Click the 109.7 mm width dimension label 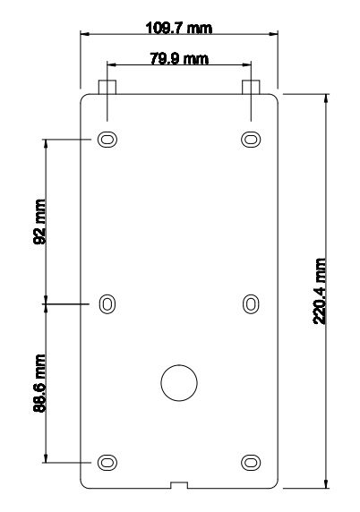coord(178,28)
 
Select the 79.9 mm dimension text coord(178,59)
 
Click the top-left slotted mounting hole coord(107,140)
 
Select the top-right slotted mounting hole coord(252,140)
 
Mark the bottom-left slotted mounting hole coord(107,461)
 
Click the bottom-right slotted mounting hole coord(252,461)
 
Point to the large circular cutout coord(178,382)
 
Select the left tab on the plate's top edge coord(107,86)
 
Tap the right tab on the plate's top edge coord(252,86)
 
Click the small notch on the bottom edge coord(178,486)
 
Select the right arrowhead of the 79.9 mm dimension coord(247,65)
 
